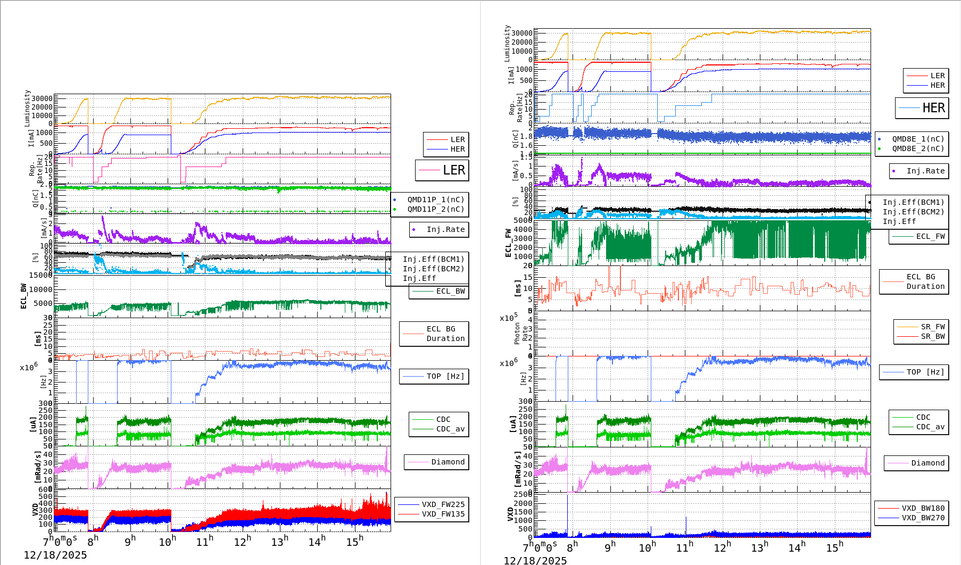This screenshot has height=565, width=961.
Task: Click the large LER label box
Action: click(x=442, y=170)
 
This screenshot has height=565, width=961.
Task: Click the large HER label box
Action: click(x=922, y=108)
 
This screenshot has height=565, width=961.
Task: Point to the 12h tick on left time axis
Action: click(x=242, y=542)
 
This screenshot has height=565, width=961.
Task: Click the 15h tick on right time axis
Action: click(x=834, y=547)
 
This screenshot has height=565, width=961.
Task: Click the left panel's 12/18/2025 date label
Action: click(x=55, y=555)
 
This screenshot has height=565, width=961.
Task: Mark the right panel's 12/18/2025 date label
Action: click(x=535, y=561)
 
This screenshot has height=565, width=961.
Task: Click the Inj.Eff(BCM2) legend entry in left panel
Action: click(x=433, y=269)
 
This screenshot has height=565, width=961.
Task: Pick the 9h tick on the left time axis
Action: click(x=130, y=542)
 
